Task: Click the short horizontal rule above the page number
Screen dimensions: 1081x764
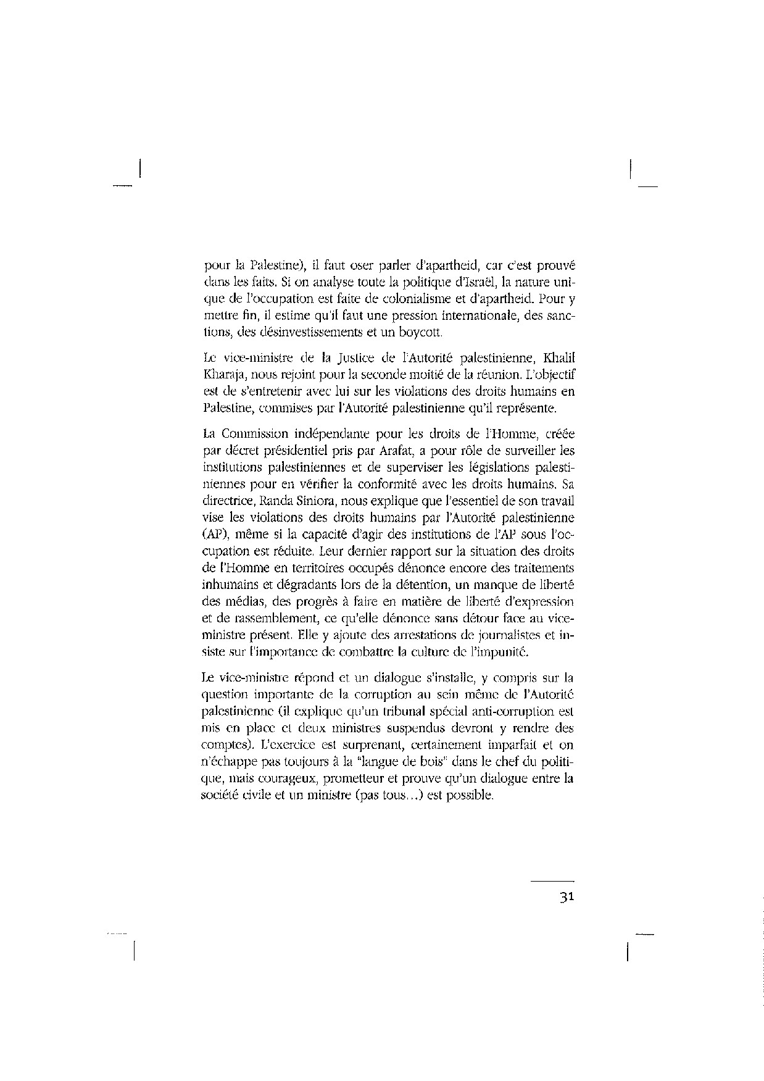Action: click(x=552, y=881)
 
